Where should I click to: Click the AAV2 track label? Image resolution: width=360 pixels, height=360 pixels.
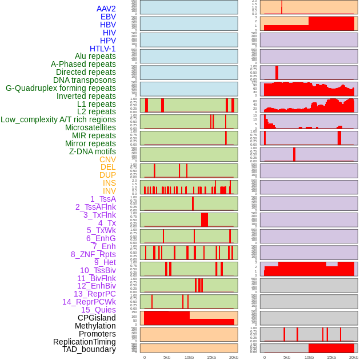(106, 9)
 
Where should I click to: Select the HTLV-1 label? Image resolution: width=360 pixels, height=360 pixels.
(103, 49)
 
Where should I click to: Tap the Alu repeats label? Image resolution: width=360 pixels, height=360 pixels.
(95, 57)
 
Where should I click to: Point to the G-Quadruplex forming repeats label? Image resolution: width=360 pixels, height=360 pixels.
(61, 89)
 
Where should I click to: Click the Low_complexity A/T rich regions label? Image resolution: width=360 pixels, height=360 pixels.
(58, 119)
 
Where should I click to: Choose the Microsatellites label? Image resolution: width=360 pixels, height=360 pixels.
(90, 127)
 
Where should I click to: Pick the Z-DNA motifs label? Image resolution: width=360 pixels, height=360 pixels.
(93, 151)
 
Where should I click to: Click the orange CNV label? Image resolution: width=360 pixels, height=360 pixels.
(107, 159)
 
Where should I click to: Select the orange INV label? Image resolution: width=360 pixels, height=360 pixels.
(109, 191)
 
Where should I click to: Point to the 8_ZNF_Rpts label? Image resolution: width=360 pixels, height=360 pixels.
(93, 254)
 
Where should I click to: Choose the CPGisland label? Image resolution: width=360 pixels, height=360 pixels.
(97, 318)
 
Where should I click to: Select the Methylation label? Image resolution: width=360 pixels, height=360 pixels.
(95, 326)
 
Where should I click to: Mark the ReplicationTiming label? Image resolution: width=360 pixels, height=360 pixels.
(85, 342)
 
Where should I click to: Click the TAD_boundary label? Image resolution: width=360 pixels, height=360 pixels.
(89, 349)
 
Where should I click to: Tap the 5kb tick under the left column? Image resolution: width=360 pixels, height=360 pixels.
(167, 357)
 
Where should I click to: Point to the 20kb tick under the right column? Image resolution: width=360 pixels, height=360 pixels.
(354, 357)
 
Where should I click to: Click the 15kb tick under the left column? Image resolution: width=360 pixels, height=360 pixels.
(211, 357)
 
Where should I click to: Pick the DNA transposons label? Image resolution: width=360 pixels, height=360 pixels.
(85, 80)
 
